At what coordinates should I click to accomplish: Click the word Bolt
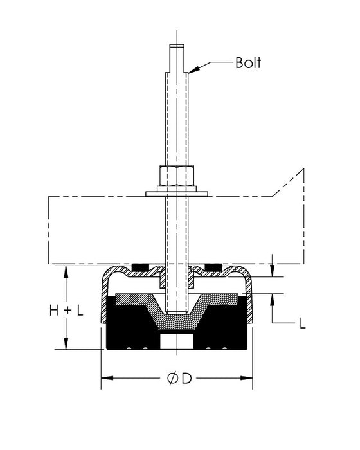click(x=248, y=63)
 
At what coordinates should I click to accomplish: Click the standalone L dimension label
click(x=303, y=323)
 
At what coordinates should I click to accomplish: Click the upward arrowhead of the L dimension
click(x=273, y=298)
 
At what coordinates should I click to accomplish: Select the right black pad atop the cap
click(x=213, y=267)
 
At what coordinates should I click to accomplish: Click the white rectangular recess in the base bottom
click(x=177, y=340)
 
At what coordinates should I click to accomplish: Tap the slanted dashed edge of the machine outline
click(x=286, y=183)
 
